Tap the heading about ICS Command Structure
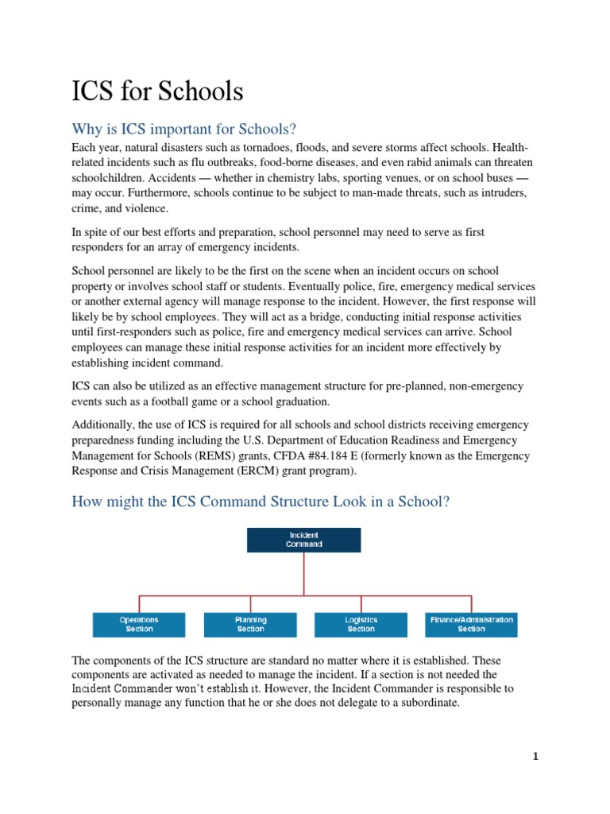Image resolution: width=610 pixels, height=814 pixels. pyautogui.click(x=261, y=502)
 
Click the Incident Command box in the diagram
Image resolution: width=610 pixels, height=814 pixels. pyautogui.click(x=303, y=540)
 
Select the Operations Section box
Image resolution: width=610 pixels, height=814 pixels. pyautogui.click(x=139, y=624)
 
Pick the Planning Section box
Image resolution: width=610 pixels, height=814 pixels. pyautogui.click(x=250, y=624)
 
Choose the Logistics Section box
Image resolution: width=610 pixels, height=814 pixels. pyautogui.click(x=361, y=624)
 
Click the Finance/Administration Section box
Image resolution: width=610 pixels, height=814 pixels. pyautogui.click(x=471, y=624)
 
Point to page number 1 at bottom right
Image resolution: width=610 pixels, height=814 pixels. pyautogui.click(x=535, y=757)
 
